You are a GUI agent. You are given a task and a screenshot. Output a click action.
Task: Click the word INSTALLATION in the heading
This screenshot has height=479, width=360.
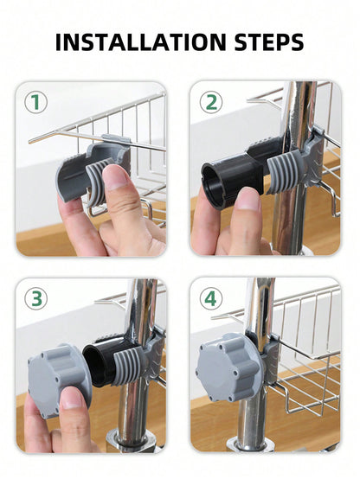click(140, 42)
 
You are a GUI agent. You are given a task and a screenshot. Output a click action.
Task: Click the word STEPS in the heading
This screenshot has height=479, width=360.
click(269, 42)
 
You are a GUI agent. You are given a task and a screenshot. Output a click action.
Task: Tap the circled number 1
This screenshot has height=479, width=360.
click(36, 102)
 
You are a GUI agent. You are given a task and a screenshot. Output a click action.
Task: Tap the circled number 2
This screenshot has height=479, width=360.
click(211, 102)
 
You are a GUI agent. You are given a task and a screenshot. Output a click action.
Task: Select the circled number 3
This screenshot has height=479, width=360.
click(36, 299)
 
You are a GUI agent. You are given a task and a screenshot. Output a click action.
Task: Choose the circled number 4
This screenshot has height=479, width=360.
click(211, 299)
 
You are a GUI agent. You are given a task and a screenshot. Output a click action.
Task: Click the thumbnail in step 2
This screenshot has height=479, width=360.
click(248, 199)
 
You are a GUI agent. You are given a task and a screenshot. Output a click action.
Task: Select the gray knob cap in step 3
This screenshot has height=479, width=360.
click(58, 380)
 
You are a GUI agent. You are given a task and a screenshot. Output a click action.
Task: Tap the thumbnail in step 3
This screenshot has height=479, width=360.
click(72, 399)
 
